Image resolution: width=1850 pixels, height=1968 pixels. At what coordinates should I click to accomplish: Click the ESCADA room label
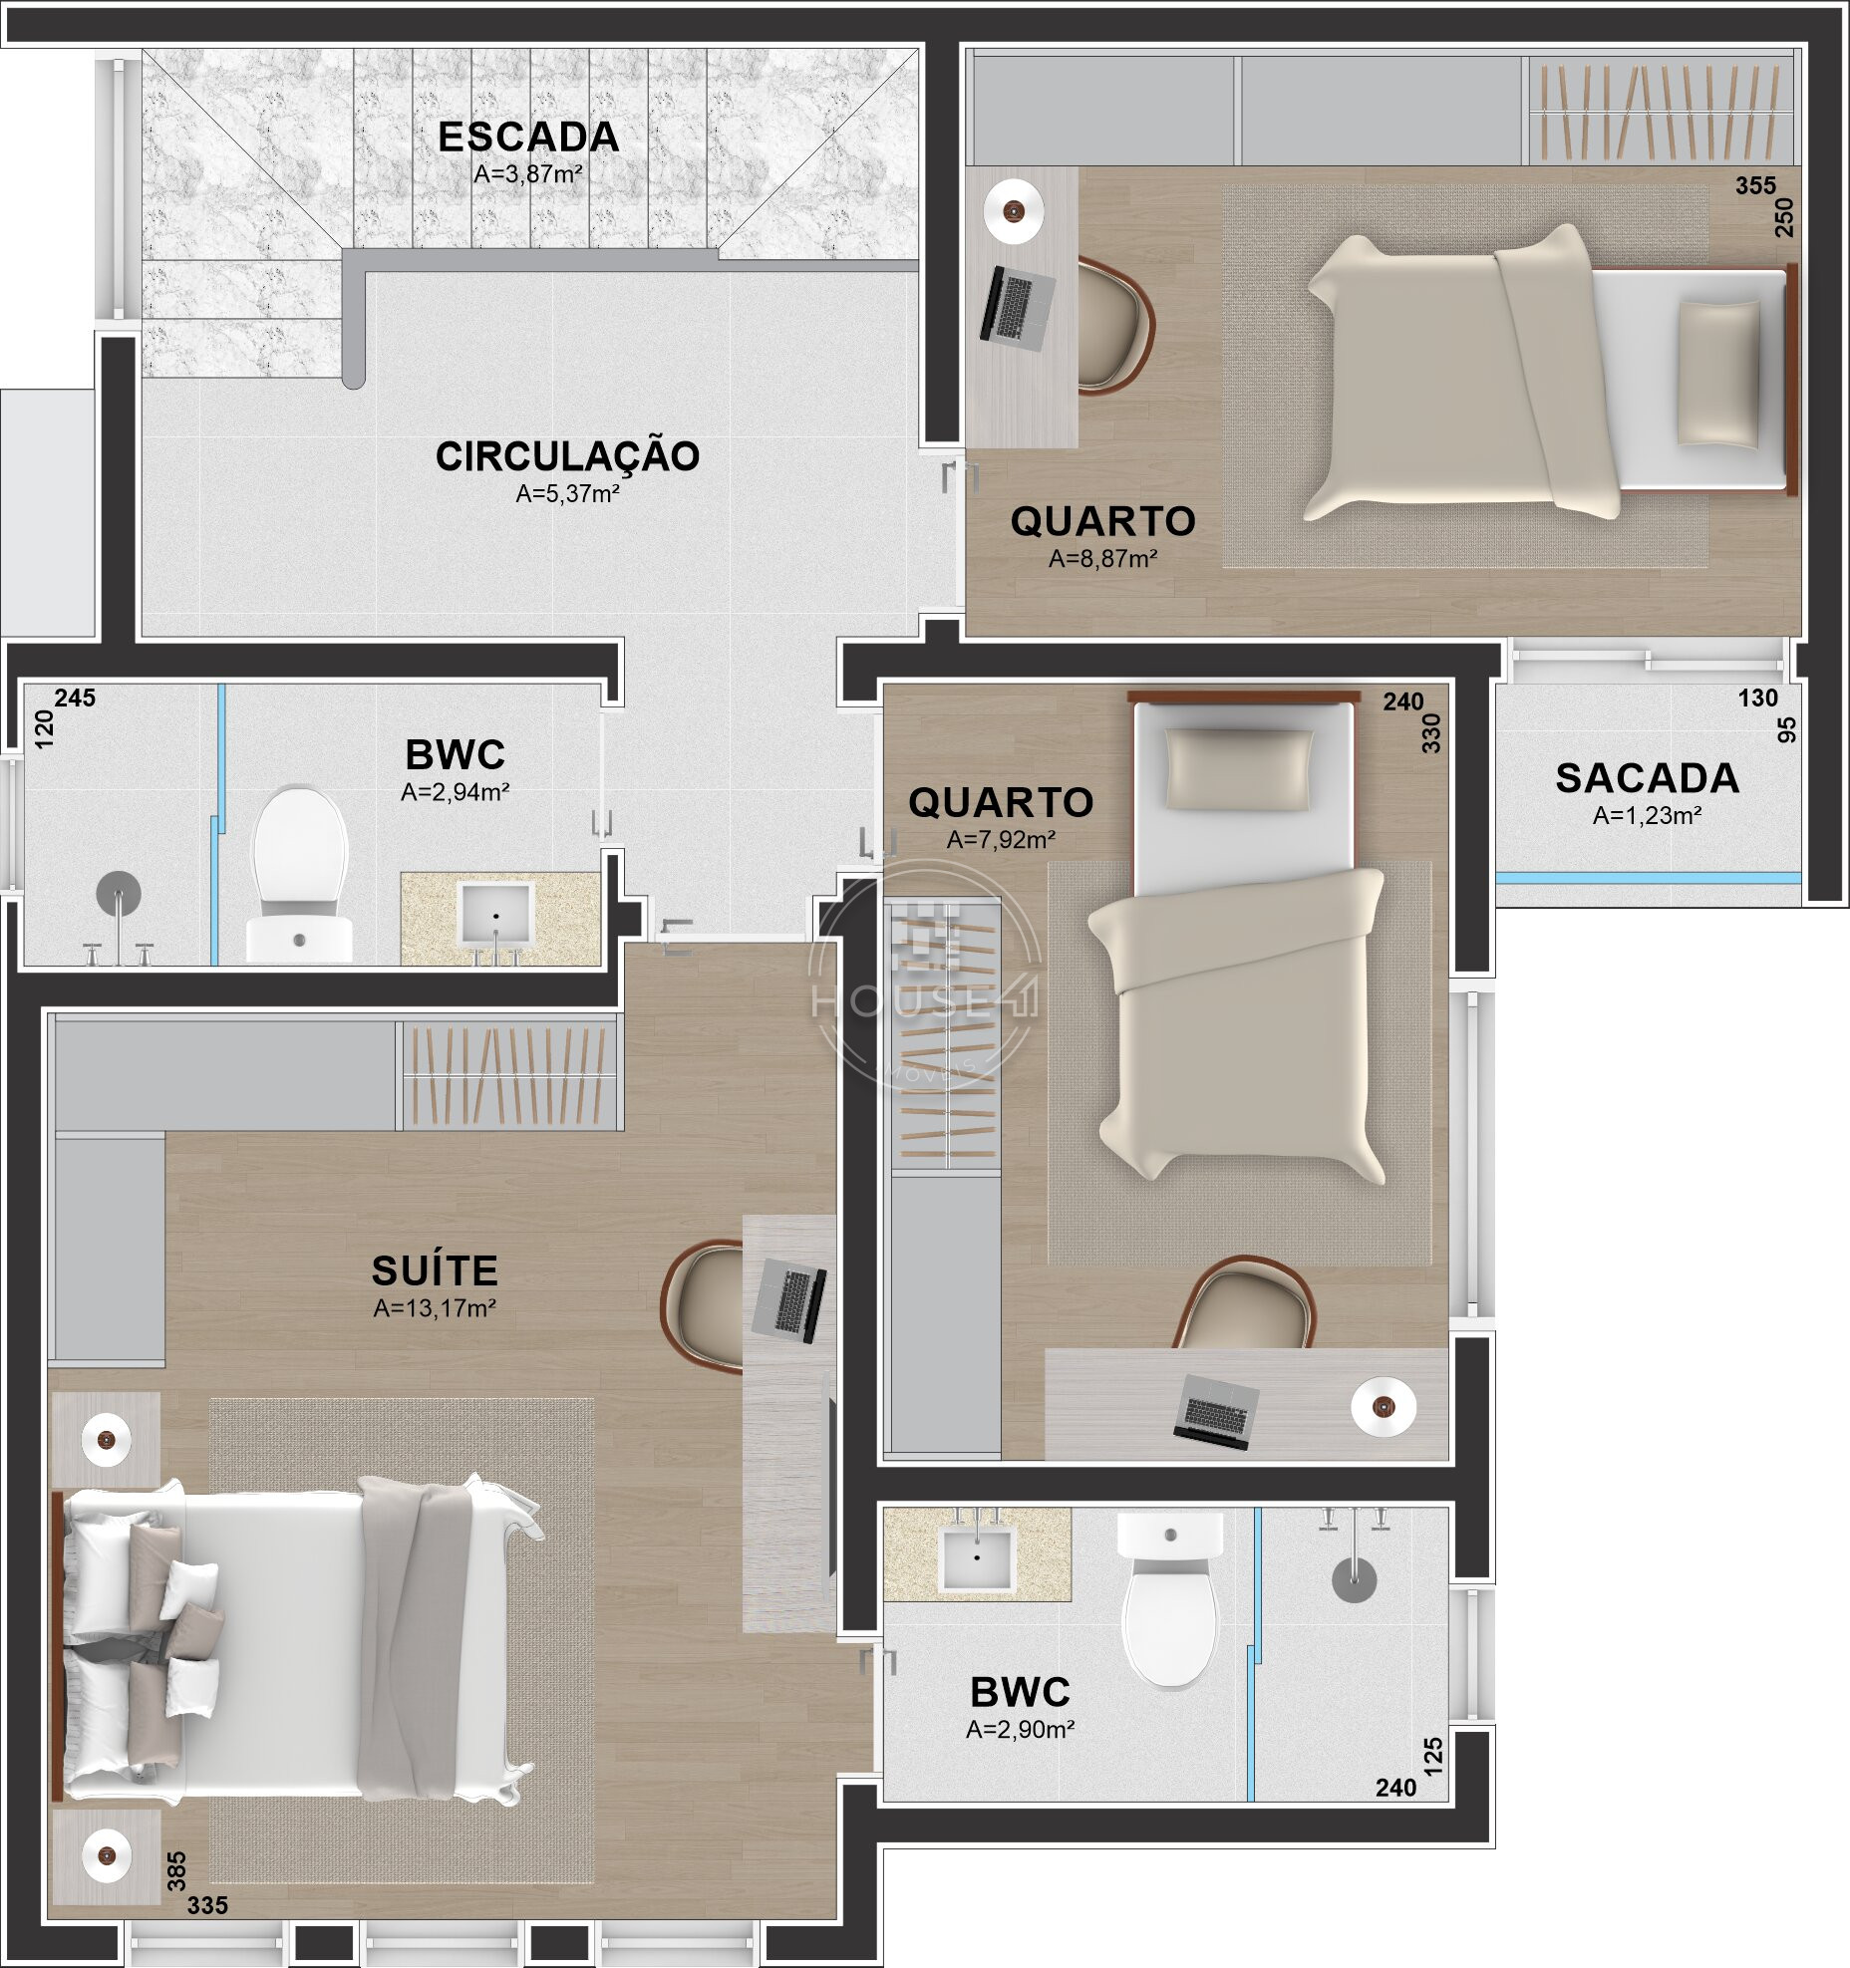(x=528, y=138)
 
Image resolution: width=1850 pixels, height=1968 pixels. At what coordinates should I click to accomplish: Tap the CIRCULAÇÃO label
(x=567, y=455)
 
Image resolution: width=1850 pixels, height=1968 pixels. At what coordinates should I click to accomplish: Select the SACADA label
(x=1647, y=778)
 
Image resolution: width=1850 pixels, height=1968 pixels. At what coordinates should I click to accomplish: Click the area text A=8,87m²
(x=1102, y=559)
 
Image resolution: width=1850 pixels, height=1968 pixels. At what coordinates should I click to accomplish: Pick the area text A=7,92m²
(x=1001, y=840)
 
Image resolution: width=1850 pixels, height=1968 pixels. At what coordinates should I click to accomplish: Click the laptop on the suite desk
(x=788, y=1298)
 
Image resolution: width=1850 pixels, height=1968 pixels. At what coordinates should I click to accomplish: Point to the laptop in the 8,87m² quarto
(x=1018, y=307)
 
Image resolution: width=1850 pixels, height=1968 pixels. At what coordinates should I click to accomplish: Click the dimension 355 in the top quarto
(x=1755, y=186)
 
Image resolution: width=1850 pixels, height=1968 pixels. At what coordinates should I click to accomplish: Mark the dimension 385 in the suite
(x=175, y=1868)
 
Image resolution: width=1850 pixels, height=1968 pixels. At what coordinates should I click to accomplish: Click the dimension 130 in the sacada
(x=1757, y=699)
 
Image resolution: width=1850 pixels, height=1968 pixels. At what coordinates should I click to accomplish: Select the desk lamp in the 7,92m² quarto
(x=1383, y=1407)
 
